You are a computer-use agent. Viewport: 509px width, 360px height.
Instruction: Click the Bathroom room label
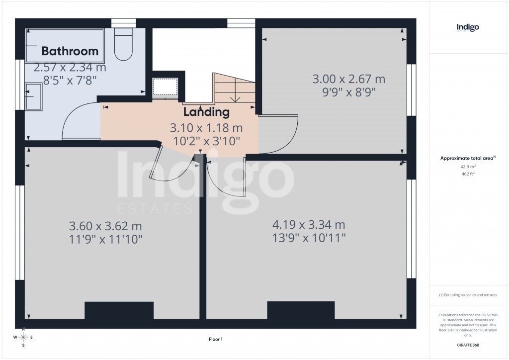click(70, 51)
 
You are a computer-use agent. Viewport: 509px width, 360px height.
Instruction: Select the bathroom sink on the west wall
click(33, 96)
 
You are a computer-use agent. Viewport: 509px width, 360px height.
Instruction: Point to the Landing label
click(206, 112)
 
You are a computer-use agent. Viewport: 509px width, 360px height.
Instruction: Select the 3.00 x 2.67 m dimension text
click(348, 79)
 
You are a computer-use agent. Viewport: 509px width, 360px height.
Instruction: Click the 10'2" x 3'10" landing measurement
click(206, 141)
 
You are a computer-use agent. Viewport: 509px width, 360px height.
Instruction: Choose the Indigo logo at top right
click(468, 28)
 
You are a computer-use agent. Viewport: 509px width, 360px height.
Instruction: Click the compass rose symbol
click(23, 337)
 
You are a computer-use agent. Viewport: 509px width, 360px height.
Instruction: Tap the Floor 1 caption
click(216, 339)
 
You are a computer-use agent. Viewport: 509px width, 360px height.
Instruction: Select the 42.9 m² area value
click(468, 168)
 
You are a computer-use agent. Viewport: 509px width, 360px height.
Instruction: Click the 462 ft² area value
click(468, 175)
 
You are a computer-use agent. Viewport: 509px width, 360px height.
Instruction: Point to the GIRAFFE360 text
click(468, 345)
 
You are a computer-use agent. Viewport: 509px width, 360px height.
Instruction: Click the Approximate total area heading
click(467, 159)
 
